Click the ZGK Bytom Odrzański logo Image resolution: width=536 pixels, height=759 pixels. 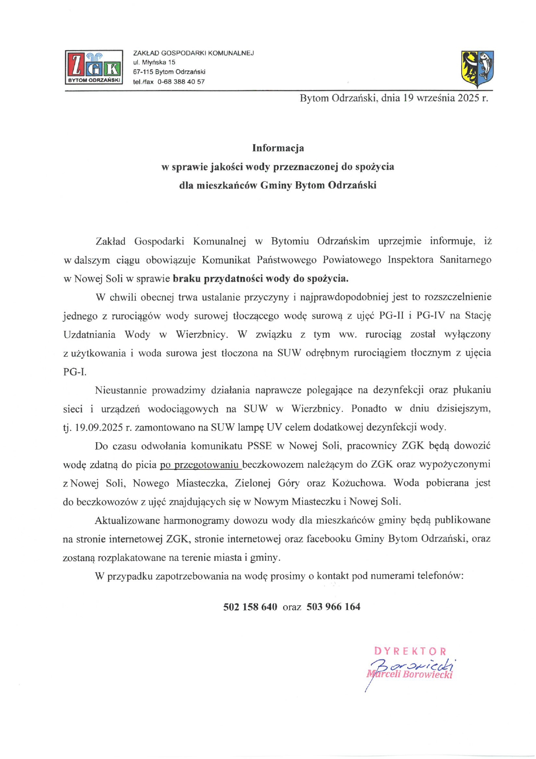coord(94,67)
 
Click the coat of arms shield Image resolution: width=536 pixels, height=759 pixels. coord(478,68)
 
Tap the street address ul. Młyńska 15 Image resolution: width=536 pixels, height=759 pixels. coord(154,62)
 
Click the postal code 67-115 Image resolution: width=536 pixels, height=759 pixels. coord(143,72)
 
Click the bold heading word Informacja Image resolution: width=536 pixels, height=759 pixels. coord(278,148)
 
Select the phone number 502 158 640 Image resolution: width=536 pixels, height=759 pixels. coord(250,607)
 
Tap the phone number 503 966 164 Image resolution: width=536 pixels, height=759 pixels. coord(333,607)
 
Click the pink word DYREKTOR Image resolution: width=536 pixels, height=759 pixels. coord(410,651)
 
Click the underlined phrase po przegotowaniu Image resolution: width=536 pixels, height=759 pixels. coord(200,465)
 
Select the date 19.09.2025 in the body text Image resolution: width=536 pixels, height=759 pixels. coord(99,428)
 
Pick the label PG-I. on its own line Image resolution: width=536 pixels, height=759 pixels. coord(75,372)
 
